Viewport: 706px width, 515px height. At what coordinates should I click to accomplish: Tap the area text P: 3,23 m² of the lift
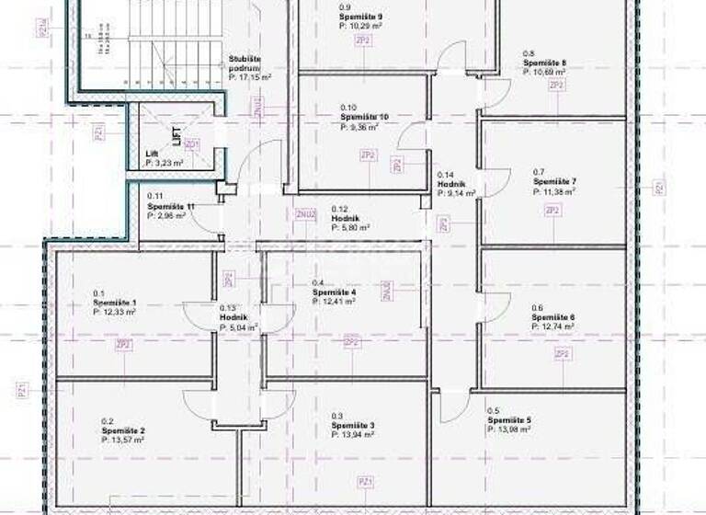[x=165, y=163]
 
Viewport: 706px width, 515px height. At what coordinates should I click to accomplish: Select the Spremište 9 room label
[x=361, y=17]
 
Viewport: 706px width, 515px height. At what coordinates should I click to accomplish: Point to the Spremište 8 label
[x=544, y=63]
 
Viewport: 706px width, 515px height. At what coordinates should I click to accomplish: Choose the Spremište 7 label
[x=554, y=182]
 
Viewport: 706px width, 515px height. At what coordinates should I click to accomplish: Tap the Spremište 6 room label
[x=552, y=317]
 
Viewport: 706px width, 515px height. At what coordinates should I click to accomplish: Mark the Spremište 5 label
[x=509, y=420]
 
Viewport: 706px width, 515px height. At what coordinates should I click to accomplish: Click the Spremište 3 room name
[x=353, y=426]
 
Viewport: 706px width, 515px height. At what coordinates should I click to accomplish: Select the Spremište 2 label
[x=123, y=430]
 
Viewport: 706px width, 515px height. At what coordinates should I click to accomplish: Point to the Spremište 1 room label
[x=115, y=303]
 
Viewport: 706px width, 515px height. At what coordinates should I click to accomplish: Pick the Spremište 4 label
[x=334, y=292]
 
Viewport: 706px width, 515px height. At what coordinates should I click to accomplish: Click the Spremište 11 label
[x=171, y=207]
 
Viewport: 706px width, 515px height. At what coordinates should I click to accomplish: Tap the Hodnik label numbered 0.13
[x=233, y=316]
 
